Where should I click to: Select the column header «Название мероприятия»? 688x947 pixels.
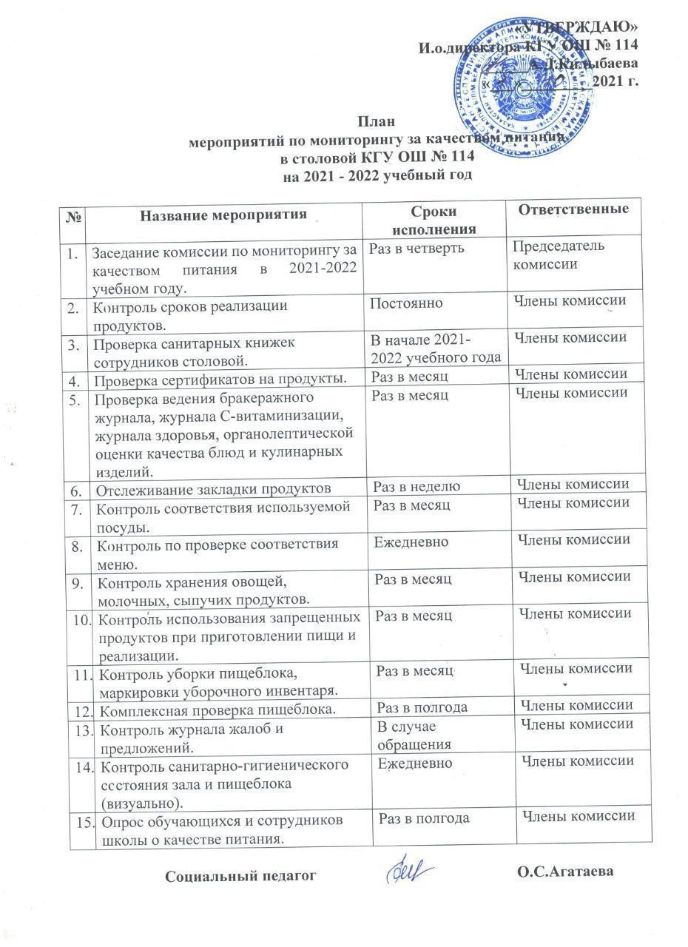[223, 215]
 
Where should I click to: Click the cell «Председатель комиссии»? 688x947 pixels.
[559, 255]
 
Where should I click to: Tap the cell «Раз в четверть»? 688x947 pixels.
[416, 248]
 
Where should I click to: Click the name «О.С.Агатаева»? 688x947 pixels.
[565, 873]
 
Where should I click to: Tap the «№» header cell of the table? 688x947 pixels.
[73, 217]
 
